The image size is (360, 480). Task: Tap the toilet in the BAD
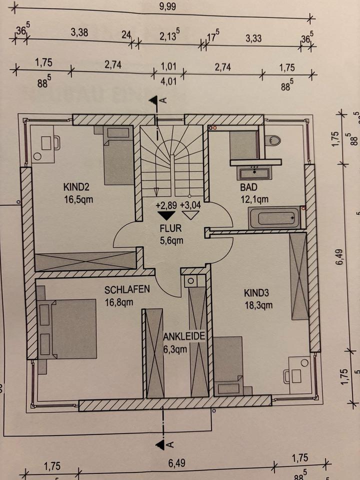point(273,140)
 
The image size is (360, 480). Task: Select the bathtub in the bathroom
point(274,217)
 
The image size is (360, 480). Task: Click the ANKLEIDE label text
point(184,336)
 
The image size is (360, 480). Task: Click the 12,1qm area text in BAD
point(255,198)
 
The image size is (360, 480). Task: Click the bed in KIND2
point(118,155)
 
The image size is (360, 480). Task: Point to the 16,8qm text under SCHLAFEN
point(118,301)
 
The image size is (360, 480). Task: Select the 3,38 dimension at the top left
point(79,33)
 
